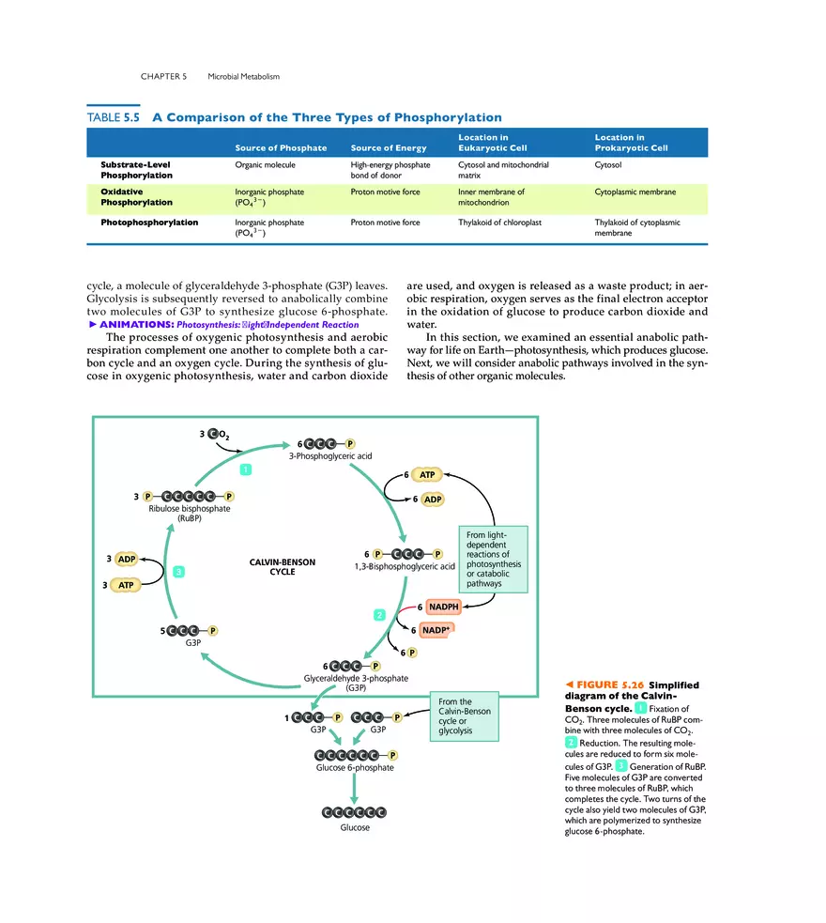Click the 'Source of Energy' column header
pyautogui.click(x=388, y=148)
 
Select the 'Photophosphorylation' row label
pyautogui.click(x=149, y=223)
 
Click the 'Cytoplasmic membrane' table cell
pyautogui.click(x=635, y=192)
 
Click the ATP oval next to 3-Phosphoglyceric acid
pyautogui.click(x=423, y=476)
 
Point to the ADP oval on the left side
pyautogui.click(x=127, y=559)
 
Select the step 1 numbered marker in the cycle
pyautogui.click(x=245, y=468)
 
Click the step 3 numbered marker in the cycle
pyautogui.click(x=177, y=571)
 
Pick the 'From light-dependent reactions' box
pyautogui.click(x=492, y=559)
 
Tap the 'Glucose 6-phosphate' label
pyautogui.click(x=354, y=767)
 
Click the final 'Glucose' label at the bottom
pyautogui.click(x=354, y=827)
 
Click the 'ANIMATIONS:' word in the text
pyautogui.click(x=137, y=324)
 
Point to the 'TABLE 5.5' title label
pyautogui.click(x=112, y=118)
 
